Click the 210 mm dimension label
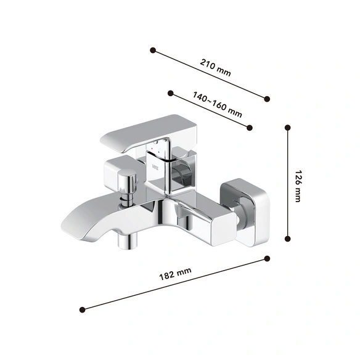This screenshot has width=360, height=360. click(215, 67)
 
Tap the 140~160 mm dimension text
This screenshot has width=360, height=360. click(217, 105)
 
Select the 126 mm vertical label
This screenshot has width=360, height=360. click(298, 186)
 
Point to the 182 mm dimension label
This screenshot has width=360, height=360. click(175, 274)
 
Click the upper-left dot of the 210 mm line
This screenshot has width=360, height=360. click(153, 51)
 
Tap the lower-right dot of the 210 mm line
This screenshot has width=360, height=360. click(267, 99)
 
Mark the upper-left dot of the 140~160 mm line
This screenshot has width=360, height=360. click(170, 93)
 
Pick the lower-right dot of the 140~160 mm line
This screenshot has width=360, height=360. click(250, 128)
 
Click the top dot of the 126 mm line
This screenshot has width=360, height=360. click(287, 128)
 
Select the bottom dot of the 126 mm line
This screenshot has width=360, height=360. click(287, 239)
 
